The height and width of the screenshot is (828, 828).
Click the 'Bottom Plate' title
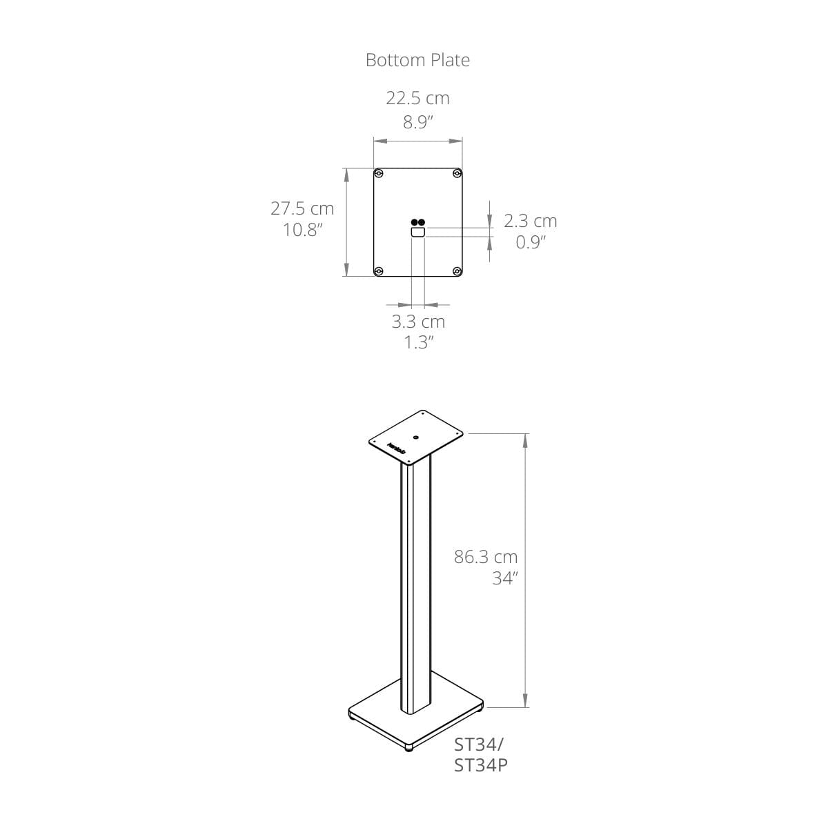tap(417, 60)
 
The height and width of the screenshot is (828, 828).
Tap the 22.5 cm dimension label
tap(417, 98)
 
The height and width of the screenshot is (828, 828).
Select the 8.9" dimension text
tap(417, 123)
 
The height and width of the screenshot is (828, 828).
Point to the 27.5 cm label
tap(302, 208)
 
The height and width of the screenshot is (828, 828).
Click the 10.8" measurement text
tap(303, 230)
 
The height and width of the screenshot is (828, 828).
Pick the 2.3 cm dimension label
tap(530, 221)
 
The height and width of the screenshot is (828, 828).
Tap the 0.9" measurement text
tap(531, 242)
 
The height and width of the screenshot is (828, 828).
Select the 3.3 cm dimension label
tap(418, 322)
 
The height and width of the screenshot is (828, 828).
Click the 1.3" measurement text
tap(418, 343)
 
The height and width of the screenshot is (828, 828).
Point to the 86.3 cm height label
tap(485, 557)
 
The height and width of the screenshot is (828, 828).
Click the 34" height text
tap(504, 579)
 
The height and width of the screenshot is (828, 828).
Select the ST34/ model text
tap(480, 745)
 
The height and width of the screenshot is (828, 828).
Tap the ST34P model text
tap(481, 765)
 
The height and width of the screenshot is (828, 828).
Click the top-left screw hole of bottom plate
tap(379, 173)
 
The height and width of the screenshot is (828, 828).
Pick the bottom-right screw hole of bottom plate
tap(457, 270)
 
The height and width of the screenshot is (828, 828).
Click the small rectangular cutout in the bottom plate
tap(417, 233)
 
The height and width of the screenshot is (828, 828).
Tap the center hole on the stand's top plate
tap(417, 437)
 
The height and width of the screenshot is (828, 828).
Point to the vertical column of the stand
tap(416, 586)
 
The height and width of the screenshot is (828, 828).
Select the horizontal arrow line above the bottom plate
tap(417, 141)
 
